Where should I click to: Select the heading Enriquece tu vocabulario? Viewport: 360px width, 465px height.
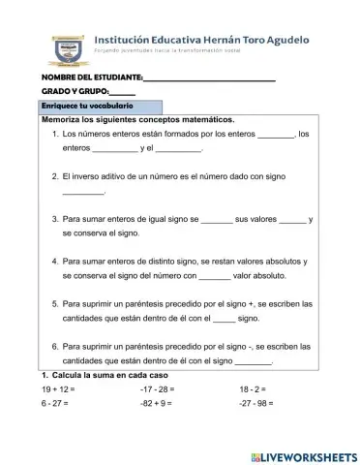[x=87, y=105]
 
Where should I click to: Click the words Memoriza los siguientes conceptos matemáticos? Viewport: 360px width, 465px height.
[x=138, y=119]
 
